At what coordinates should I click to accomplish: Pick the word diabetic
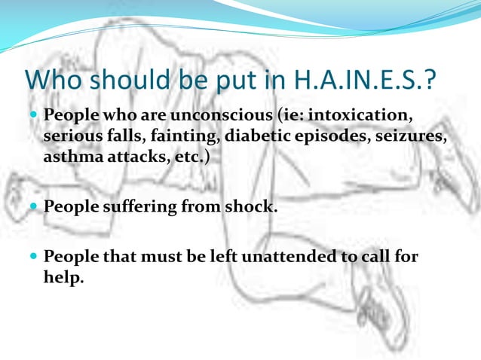[254, 139]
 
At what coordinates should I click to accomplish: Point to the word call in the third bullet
[376, 256]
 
